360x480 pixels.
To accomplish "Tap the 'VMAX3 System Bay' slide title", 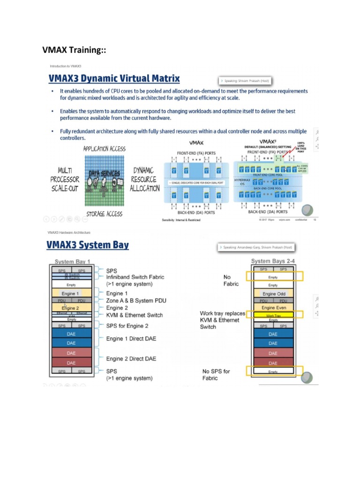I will [87, 245].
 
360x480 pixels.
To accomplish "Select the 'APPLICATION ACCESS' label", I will [104, 149].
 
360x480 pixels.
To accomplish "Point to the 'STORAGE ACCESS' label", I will [104, 214].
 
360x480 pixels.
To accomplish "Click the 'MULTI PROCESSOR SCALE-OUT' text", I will [65, 180].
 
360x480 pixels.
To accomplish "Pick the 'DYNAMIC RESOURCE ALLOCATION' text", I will [145, 180].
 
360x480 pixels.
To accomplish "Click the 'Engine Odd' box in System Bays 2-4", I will [273, 293].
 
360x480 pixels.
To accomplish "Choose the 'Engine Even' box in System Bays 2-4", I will [273, 307].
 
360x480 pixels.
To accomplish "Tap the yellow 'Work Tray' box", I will [273, 315].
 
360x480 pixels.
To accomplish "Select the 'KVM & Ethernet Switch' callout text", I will [135, 315].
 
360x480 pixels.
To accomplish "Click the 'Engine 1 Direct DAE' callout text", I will [131, 338].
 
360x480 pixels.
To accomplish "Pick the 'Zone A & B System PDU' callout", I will [136, 300].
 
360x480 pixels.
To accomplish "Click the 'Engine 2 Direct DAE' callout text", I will [131, 359].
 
